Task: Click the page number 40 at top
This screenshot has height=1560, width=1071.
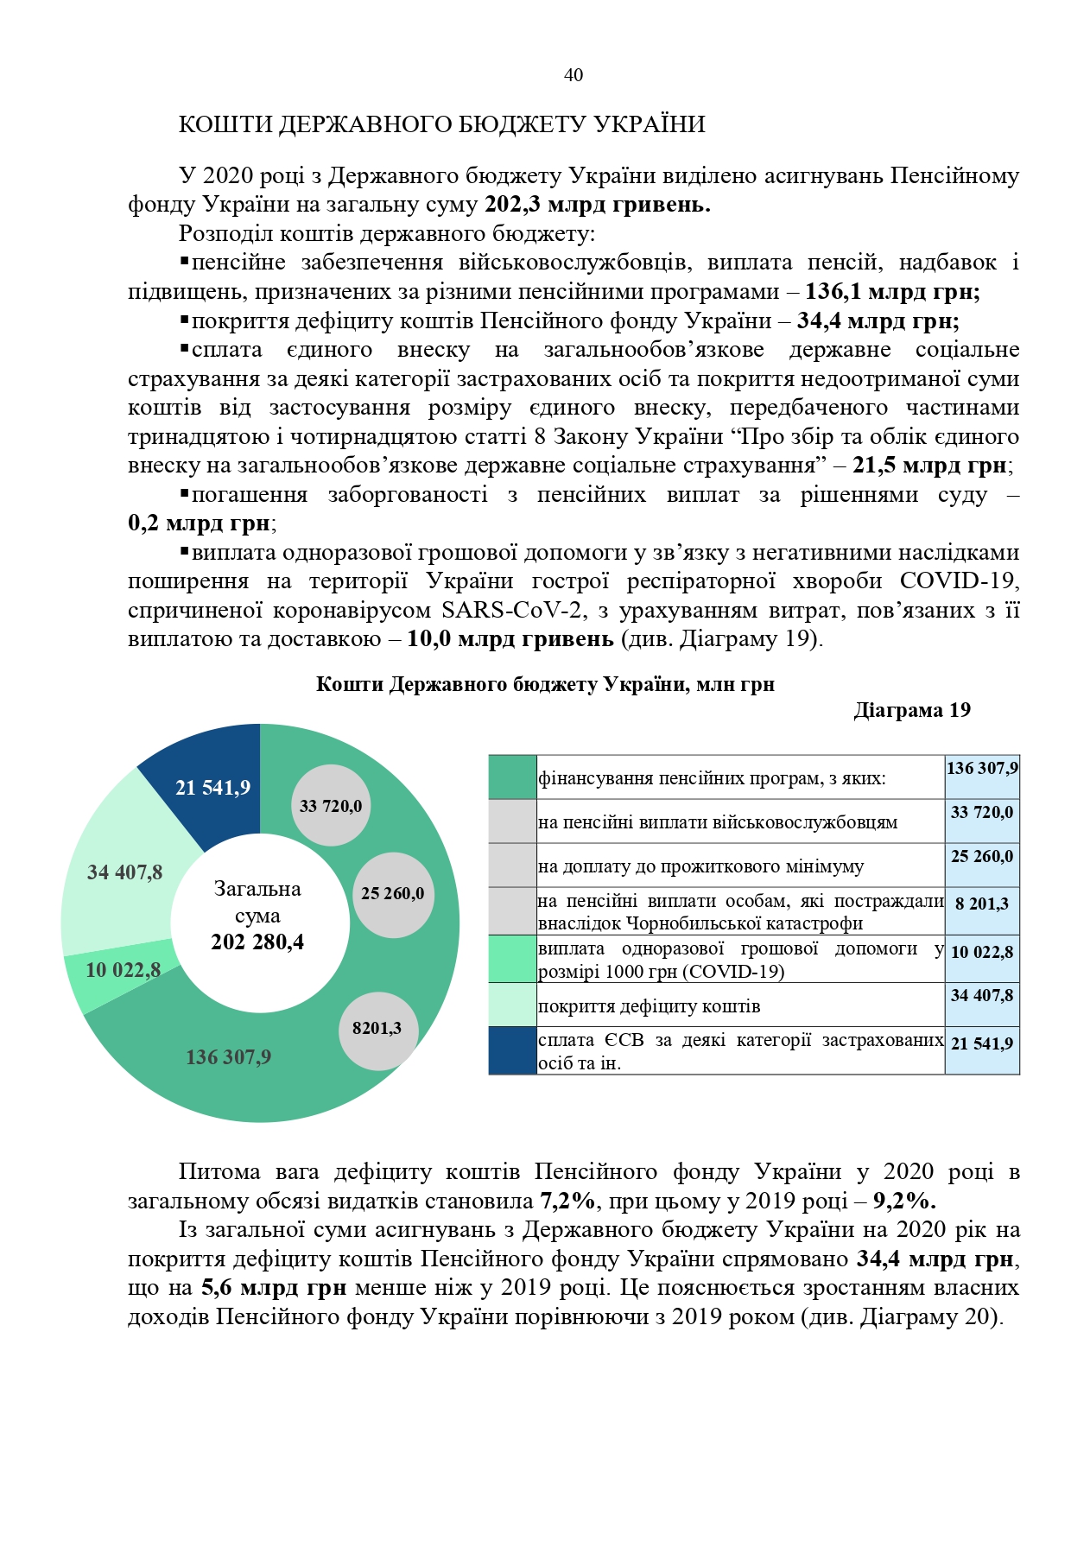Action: tap(574, 75)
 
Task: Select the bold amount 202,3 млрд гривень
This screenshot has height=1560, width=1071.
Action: tap(597, 205)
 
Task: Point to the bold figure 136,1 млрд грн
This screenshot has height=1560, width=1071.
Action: tap(892, 292)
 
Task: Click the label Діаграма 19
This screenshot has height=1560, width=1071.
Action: tap(911, 710)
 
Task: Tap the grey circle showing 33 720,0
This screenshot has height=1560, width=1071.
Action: tap(331, 806)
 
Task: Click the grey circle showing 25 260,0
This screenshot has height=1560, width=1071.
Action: tap(393, 893)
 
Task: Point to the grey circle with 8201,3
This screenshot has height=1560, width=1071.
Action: tap(377, 1028)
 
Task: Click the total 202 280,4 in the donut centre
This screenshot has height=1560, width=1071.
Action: tap(257, 942)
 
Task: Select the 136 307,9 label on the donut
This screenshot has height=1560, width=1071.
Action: tap(228, 1057)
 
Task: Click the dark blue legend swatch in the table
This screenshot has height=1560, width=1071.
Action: tap(512, 1050)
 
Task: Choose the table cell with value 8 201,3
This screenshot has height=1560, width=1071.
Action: tap(982, 904)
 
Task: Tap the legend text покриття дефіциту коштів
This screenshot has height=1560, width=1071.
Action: tap(649, 1006)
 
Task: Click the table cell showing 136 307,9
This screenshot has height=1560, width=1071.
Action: tap(982, 768)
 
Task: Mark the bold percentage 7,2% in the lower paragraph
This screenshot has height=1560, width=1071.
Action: tap(568, 1201)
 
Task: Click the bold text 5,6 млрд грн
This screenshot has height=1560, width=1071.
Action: tap(274, 1288)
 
